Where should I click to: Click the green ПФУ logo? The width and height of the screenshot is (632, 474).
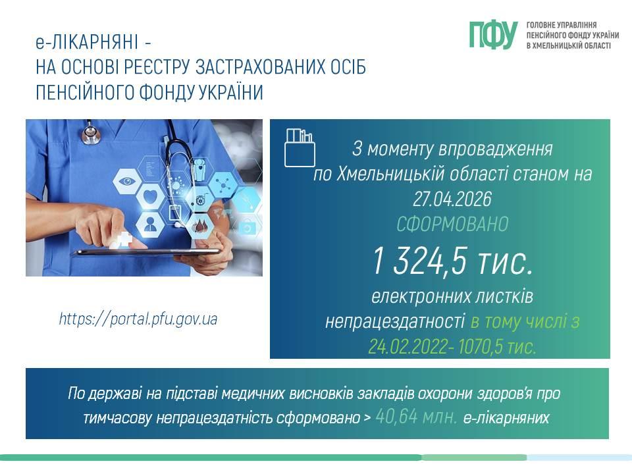(493, 35)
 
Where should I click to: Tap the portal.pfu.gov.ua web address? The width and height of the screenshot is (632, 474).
(138, 319)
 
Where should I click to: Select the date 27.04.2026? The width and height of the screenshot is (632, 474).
(452, 199)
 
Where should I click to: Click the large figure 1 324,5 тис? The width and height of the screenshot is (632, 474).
(452, 261)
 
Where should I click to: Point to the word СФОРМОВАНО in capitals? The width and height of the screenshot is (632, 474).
(452, 224)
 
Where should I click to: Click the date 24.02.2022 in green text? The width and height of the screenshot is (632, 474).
(409, 346)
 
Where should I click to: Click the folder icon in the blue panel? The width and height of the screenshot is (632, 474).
(300, 147)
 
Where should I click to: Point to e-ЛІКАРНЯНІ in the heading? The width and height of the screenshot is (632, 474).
(87, 42)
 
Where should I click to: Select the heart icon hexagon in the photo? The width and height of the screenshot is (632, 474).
(151, 197)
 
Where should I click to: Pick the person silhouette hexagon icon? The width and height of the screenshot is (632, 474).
(149, 223)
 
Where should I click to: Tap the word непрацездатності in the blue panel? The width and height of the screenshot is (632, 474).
(395, 322)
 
